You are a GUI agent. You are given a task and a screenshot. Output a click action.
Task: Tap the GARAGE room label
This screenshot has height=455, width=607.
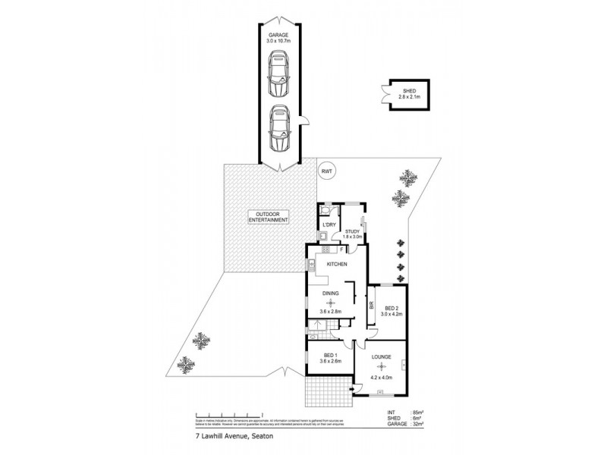(x=279, y=35)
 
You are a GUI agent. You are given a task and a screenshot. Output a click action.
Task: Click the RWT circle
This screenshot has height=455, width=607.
(x=327, y=171)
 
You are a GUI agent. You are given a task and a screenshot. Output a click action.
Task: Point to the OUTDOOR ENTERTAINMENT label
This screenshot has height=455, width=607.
(x=269, y=217)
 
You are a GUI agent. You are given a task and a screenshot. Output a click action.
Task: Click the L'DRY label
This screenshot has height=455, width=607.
(x=329, y=226)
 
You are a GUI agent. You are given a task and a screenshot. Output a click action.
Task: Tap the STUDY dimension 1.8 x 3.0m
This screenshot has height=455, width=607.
(x=354, y=238)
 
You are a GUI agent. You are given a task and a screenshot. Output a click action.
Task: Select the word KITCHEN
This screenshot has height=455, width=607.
(x=337, y=264)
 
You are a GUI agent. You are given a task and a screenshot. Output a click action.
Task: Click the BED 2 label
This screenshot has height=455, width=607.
(x=392, y=309)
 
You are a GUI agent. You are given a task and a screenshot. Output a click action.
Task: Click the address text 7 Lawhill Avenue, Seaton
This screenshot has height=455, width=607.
(x=225, y=438)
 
